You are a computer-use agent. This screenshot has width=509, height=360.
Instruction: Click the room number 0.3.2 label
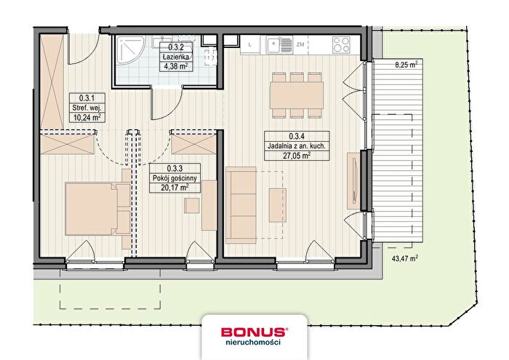(x=176, y=47)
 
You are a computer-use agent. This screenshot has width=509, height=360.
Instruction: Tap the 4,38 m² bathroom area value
(x=176, y=67)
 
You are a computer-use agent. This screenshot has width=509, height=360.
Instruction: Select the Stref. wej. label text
(x=87, y=108)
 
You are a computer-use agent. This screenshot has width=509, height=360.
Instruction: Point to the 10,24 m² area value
(x=87, y=117)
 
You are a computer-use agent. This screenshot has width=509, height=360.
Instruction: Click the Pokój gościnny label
(x=175, y=178)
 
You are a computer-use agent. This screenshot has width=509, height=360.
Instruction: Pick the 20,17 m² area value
(x=175, y=188)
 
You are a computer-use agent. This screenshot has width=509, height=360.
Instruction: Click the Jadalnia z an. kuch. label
(x=297, y=146)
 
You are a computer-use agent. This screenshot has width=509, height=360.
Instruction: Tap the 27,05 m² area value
(x=297, y=156)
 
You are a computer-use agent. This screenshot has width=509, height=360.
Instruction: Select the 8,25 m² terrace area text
(x=406, y=65)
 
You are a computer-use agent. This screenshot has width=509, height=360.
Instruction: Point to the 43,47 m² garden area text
(x=405, y=258)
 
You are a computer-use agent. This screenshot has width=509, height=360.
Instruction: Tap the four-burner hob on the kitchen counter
(x=341, y=45)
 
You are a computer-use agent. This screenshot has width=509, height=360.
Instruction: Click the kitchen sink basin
(x=273, y=45)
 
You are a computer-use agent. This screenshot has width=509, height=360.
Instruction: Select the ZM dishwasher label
(x=300, y=44)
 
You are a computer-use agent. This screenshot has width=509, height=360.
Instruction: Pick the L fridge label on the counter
(x=249, y=45)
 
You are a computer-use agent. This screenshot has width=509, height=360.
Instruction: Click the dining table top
(x=297, y=95)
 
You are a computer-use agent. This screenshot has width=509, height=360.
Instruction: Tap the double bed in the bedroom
(x=97, y=209)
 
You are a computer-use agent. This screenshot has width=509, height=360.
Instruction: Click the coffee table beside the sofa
(x=278, y=205)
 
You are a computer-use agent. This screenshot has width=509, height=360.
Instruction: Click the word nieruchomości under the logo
(x=253, y=342)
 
